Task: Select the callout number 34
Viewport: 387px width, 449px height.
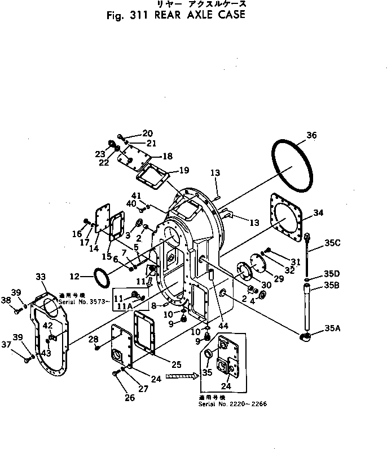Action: pyautogui.click(x=318, y=213)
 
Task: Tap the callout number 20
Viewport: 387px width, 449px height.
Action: pyautogui.click(x=147, y=134)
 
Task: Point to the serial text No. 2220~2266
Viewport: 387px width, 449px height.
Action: pyautogui.click(x=225, y=404)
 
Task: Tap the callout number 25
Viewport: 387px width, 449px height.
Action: pyautogui.click(x=161, y=364)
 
